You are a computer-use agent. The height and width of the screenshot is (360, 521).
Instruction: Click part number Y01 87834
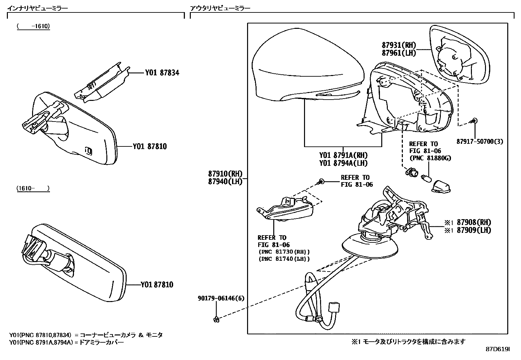162,72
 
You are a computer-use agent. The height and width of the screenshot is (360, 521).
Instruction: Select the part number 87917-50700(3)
480,142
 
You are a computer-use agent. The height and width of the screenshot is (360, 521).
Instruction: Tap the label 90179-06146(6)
221,298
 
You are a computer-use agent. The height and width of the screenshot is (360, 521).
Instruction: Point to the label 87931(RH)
399,45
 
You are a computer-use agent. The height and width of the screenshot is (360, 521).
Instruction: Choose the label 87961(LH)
399,53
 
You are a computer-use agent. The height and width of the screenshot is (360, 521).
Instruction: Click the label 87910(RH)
225,174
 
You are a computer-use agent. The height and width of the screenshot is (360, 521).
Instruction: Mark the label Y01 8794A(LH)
343,163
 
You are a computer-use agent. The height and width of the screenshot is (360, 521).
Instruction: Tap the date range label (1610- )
33,188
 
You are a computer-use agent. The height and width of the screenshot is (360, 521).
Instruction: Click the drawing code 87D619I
497,349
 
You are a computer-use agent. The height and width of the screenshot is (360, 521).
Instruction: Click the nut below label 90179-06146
216,319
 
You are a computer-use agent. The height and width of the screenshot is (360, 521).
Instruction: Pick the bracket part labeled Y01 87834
101,83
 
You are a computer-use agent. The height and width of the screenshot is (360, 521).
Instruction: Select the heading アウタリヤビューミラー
220,8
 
